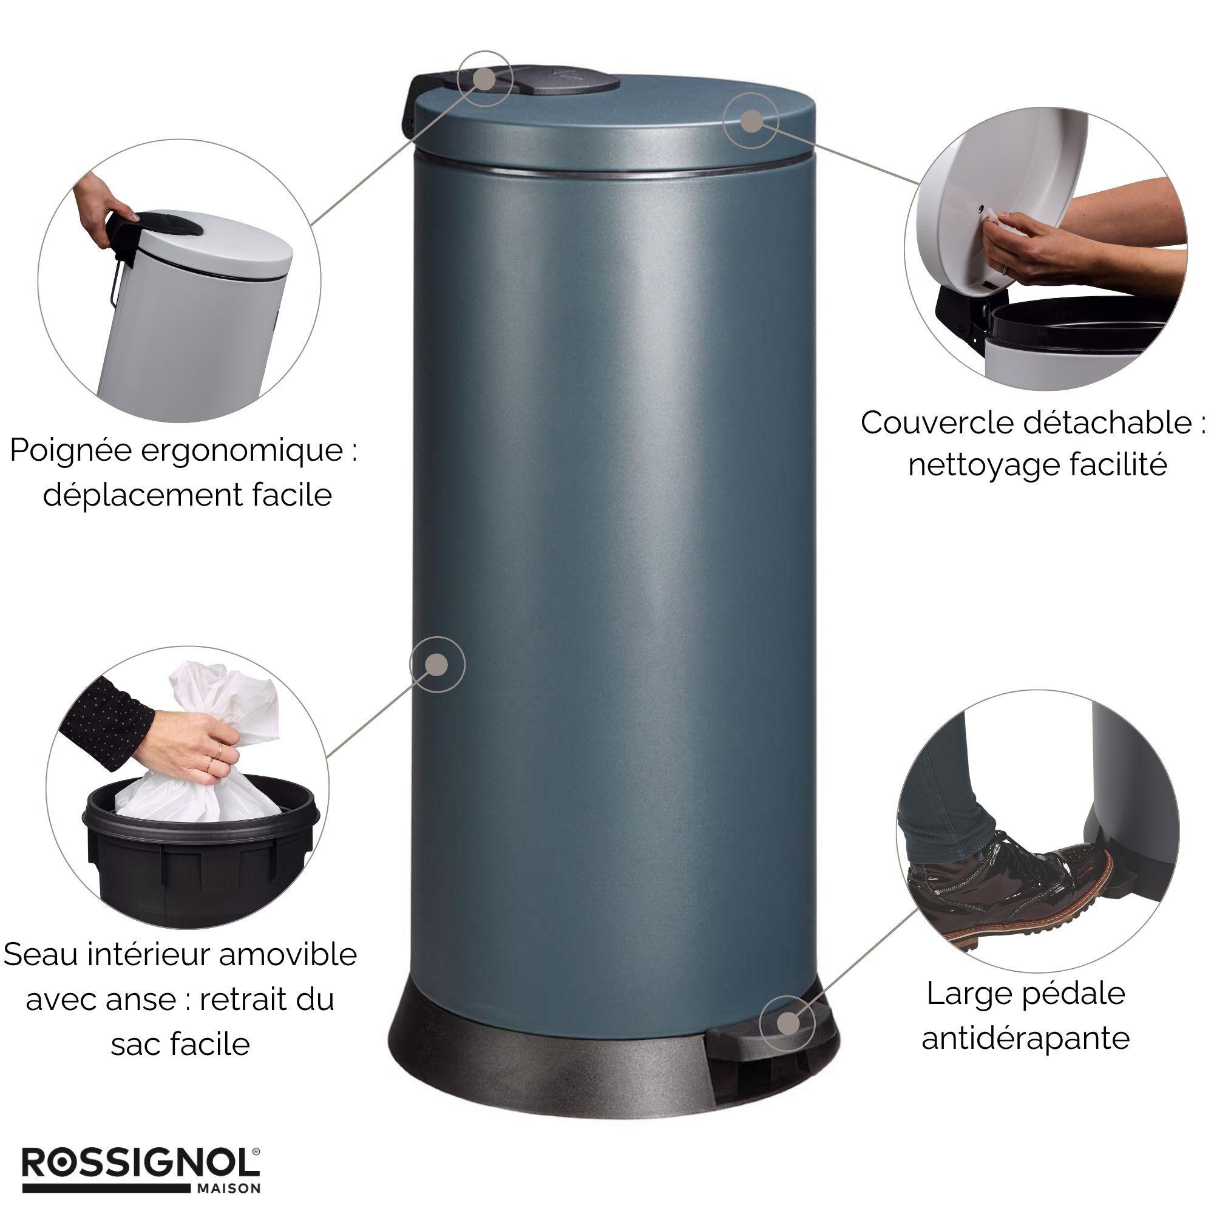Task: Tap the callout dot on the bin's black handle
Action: pyautogui.click(x=484, y=78)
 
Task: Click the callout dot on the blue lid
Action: pyautogui.click(x=751, y=121)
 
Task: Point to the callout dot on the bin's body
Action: pyautogui.click(x=436, y=664)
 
